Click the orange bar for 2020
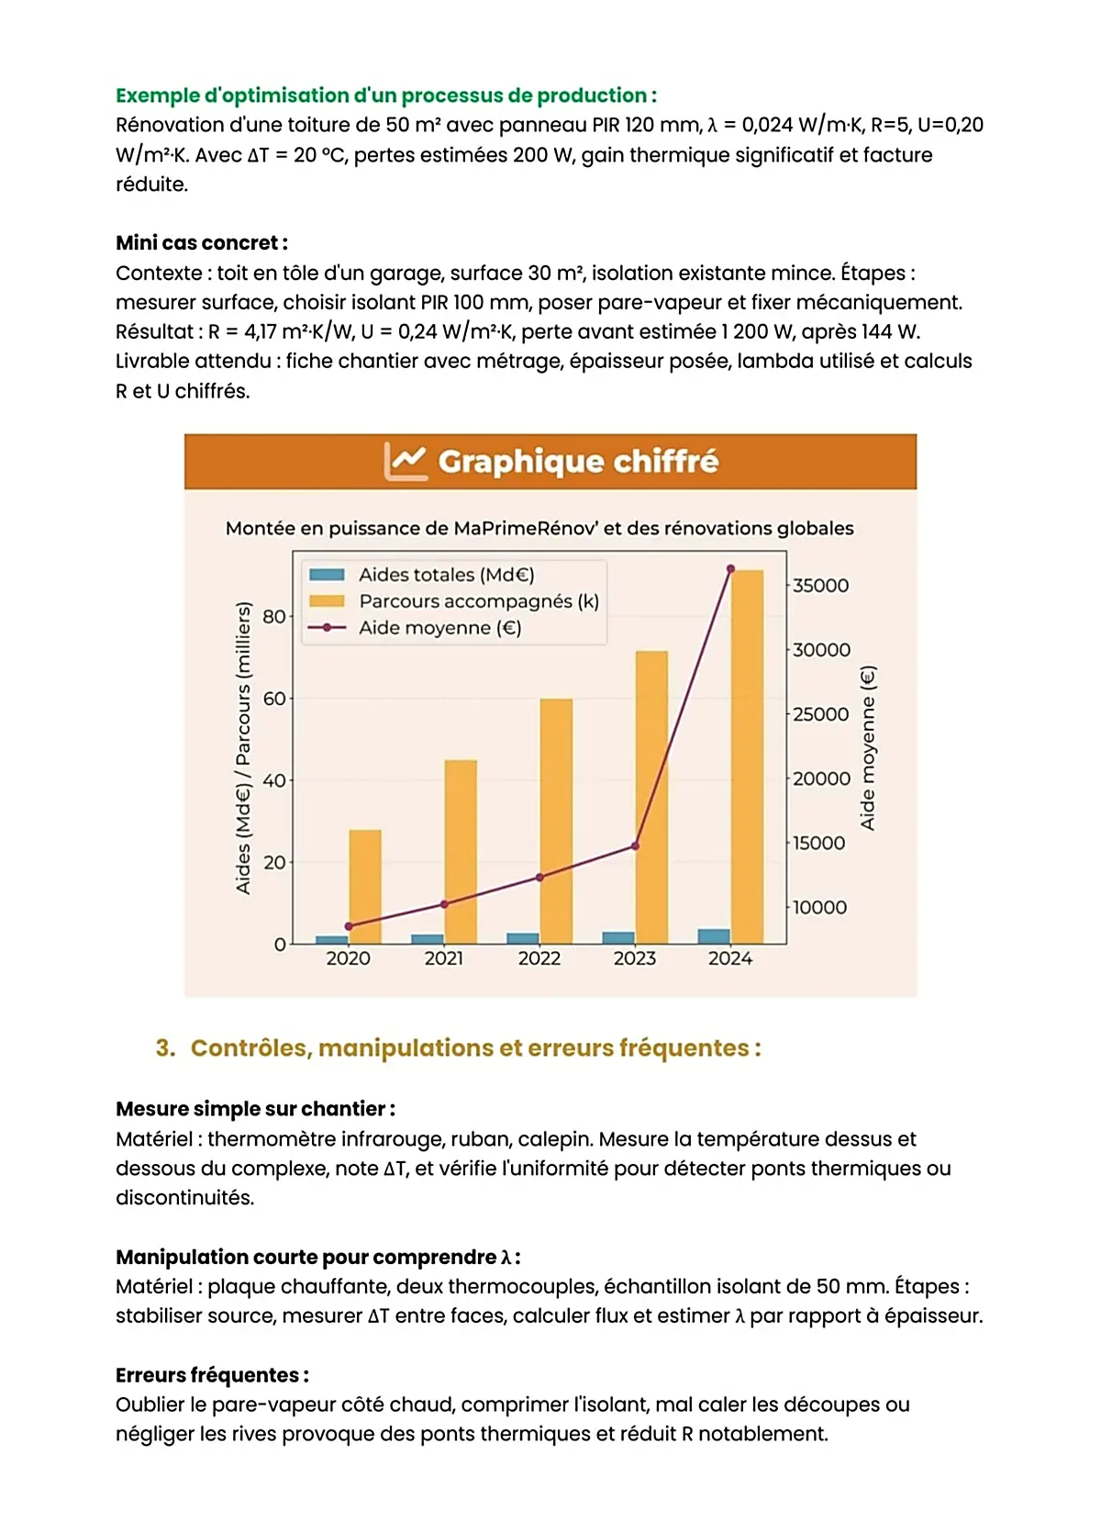pos(365,887)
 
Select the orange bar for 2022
pos(556,822)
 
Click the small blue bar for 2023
pos(618,937)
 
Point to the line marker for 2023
pos(635,845)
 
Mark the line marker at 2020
pos(349,926)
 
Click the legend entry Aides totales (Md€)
pos(446,575)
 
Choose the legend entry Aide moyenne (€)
pos(439,628)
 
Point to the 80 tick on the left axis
pos(273,616)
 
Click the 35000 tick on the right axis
pos(820,586)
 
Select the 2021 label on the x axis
pos(444,958)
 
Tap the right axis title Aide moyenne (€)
pos(868,748)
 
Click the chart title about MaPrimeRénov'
pos(539,529)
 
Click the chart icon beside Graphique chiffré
pos(406,461)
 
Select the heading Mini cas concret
pos(202,243)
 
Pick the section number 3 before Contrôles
pos(165,1048)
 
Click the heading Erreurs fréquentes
pos(212,1375)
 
